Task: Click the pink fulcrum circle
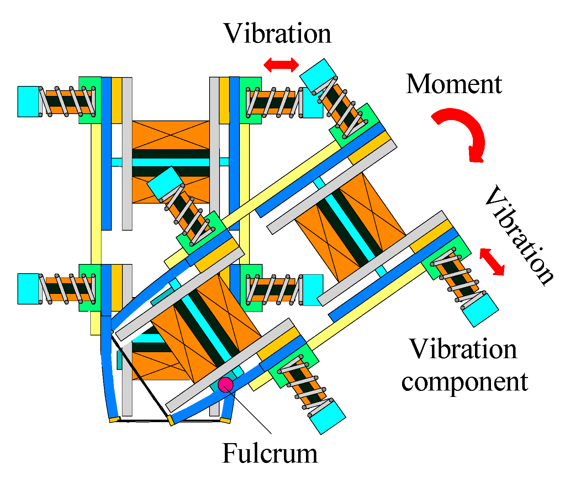(x=226, y=384)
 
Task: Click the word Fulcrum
(x=270, y=453)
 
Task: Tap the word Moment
(x=454, y=84)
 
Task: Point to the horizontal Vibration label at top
(x=278, y=34)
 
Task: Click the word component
(x=465, y=382)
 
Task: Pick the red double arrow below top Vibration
(x=281, y=65)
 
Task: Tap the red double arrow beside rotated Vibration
(x=492, y=262)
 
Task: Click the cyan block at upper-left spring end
(x=28, y=101)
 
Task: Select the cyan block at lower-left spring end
(x=28, y=289)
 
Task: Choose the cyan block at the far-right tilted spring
(x=480, y=309)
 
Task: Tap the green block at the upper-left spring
(x=90, y=100)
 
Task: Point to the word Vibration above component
(x=463, y=349)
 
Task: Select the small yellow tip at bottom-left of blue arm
(x=114, y=420)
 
